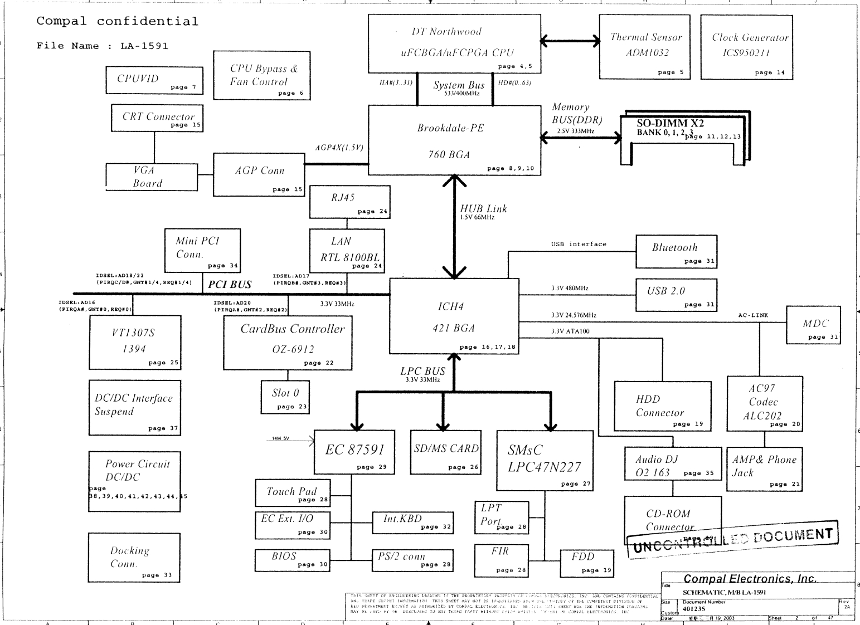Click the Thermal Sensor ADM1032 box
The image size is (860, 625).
(644, 46)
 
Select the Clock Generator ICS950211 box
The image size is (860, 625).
(746, 47)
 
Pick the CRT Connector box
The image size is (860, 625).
(157, 118)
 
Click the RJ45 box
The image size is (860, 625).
(349, 202)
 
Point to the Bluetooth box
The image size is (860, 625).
(676, 251)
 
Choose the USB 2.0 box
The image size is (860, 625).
(676, 295)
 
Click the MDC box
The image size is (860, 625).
(812, 325)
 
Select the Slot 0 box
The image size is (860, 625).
(284, 397)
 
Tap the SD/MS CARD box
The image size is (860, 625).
(445, 452)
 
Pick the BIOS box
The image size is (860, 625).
(292, 560)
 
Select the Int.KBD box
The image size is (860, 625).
(412, 522)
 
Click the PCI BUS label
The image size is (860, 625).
(230, 285)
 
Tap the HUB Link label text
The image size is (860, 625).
(483, 209)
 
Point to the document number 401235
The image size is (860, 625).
(694, 609)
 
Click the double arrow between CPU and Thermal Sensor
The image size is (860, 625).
(570, 40)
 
